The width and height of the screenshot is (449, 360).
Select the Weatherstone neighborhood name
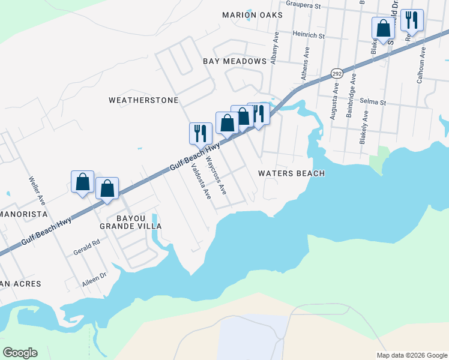(x=143, y=100)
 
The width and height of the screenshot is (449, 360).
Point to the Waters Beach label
(x=291, y=173)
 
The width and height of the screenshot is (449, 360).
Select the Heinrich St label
(x=308, y=36)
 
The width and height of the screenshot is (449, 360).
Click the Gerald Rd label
(x=87, y=246)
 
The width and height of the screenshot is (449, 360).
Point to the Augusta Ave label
(x=334, y=101)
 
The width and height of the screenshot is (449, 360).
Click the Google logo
(x=20, y=353)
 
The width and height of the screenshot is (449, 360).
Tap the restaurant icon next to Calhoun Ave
(x=412, y=20)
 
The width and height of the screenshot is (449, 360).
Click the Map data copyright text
(x=411, y=355)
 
